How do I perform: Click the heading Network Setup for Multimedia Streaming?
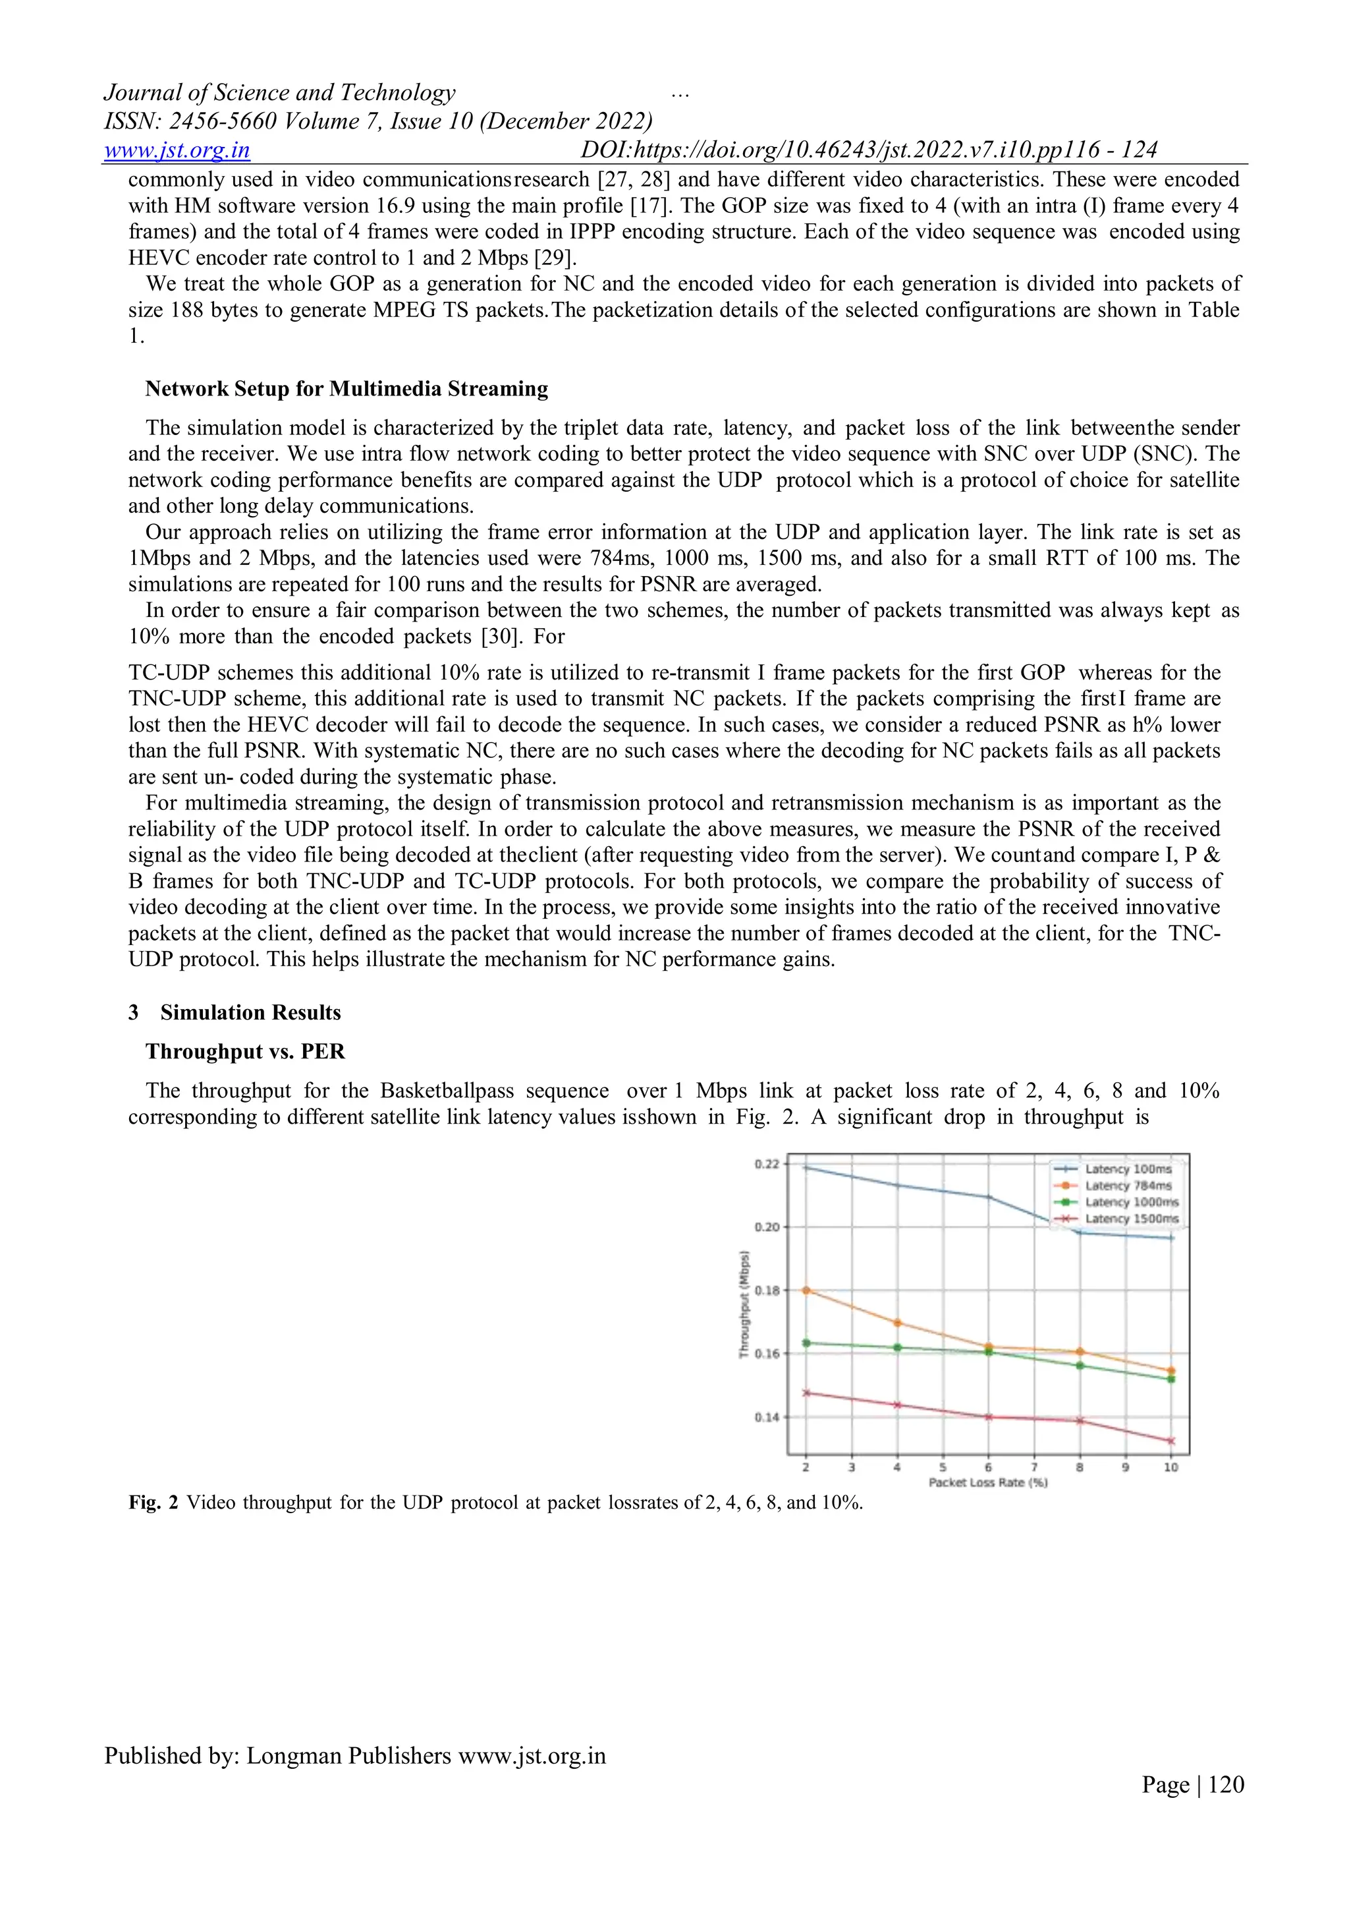346,389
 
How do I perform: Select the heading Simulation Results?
250,1012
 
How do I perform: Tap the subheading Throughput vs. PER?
245,1051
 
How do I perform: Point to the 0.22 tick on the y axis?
767,1165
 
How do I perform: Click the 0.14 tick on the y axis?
767,1417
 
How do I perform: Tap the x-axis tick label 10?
1170,1468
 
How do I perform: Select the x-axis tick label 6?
987,1468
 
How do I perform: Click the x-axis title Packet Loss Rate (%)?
987,1482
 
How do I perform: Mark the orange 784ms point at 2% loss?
806,1290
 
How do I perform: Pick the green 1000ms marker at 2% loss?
806,1343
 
